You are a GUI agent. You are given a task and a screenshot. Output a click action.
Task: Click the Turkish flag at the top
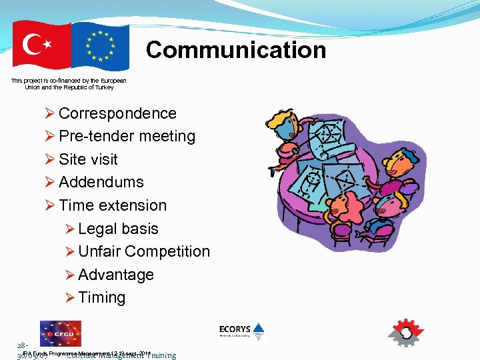coord(41,45)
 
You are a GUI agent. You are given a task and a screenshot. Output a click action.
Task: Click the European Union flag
coord(100,45)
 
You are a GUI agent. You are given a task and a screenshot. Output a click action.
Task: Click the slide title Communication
coord(236,50)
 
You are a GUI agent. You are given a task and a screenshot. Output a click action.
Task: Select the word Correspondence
coord(117,113)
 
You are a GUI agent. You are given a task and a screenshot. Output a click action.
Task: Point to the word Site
coord(73,159)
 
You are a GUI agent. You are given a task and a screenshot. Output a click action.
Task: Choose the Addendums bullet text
coord(101,182)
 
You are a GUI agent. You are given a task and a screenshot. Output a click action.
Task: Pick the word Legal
coord(97,229)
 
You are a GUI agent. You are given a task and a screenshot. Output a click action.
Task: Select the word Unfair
coord(99,251)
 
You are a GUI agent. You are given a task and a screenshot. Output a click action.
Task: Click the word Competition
coord(167,251)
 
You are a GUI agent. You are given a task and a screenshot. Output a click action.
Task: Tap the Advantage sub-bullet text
coord(116,275)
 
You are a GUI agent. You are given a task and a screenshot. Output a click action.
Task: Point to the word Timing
coord(101,297)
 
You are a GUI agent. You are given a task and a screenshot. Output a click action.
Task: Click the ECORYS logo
coord(242,332)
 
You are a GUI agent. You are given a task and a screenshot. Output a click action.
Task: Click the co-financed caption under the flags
coord(69,84)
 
